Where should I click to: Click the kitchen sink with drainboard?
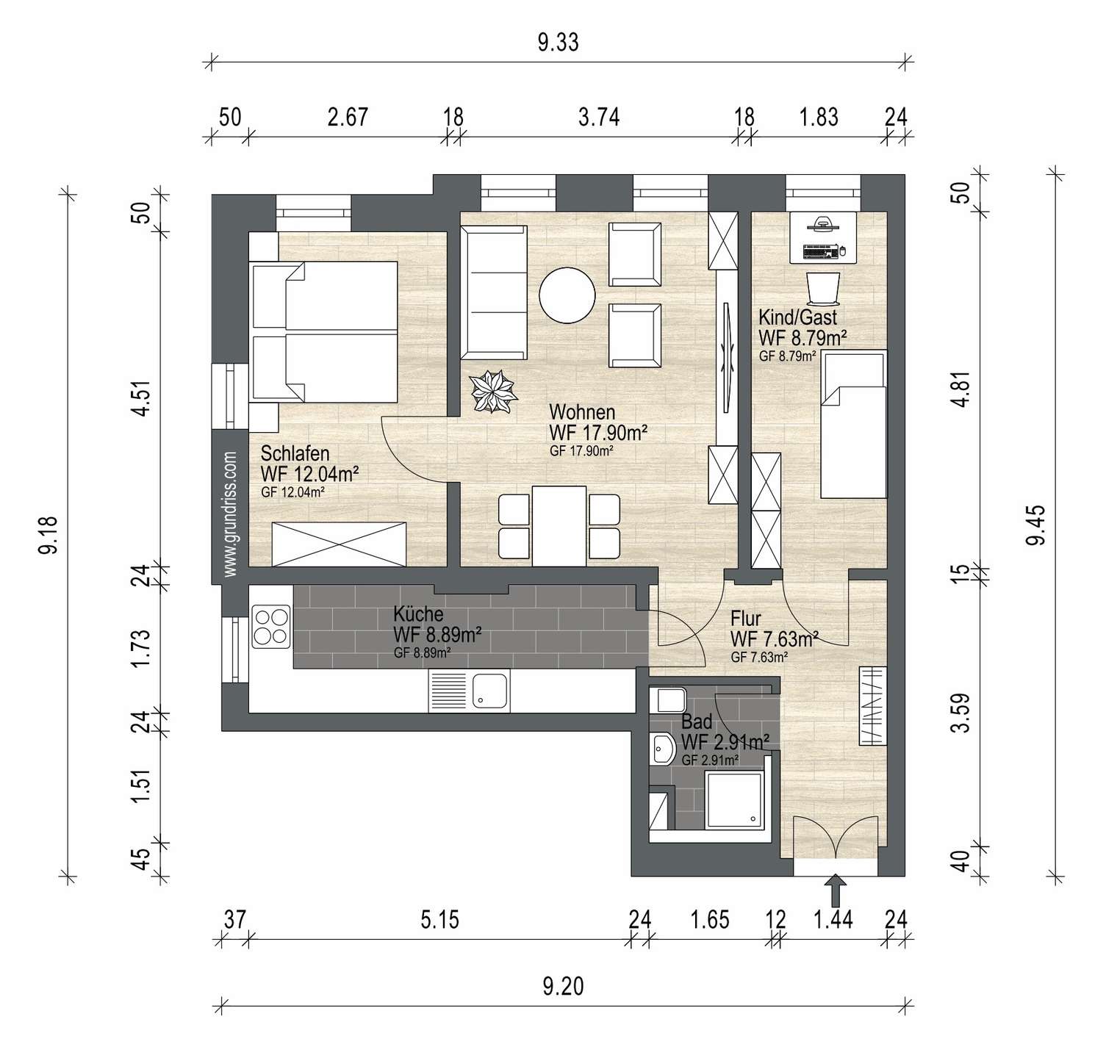pos(470,692)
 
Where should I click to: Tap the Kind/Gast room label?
pos(797,317)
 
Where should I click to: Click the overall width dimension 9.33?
pos(559,43)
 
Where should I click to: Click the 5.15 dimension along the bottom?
pos(439,919)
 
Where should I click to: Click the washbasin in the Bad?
pos(662,750)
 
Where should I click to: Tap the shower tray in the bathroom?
pos(733,799)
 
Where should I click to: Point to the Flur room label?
pos(746,619)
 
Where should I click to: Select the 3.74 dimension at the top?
pos(599,117)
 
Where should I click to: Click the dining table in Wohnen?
pos(559,526)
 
